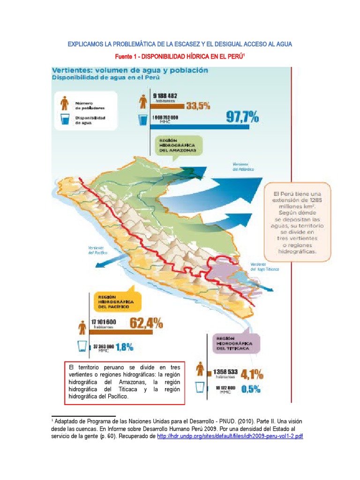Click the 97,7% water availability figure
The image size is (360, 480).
click(x=242, y=117)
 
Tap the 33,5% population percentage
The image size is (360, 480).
click(x=198, y=106)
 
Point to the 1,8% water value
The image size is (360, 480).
click(x=124, y=347)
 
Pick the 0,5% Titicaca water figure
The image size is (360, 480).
click(x=251, y=389)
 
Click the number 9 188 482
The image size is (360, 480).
click(x=165, y=96)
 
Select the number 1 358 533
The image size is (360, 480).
click(x=226, y=371)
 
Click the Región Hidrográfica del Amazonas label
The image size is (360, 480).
click(x=177, y=145)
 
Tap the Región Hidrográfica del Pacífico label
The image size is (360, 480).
click(x=116, y=302)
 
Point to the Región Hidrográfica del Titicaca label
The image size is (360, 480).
click(x=234, y=344)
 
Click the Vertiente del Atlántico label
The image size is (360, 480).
click(x=243, y=166)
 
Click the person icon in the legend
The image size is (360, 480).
click(x=65, y=103)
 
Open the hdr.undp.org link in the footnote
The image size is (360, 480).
click(x=230, y=436)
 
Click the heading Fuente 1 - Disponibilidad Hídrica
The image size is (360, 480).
click(x=180, y=57)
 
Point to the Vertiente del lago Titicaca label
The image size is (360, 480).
click(x=264, y=267)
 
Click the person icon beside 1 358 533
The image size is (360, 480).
click(x=200, y=370)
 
